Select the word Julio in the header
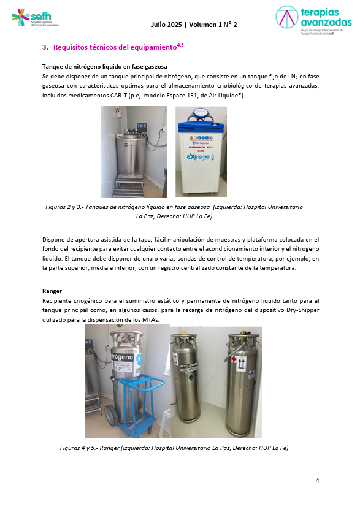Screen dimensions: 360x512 [x=161, y=25]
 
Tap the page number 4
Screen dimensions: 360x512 [x=317, y=480]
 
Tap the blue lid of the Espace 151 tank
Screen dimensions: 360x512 [x=200, y=115]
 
